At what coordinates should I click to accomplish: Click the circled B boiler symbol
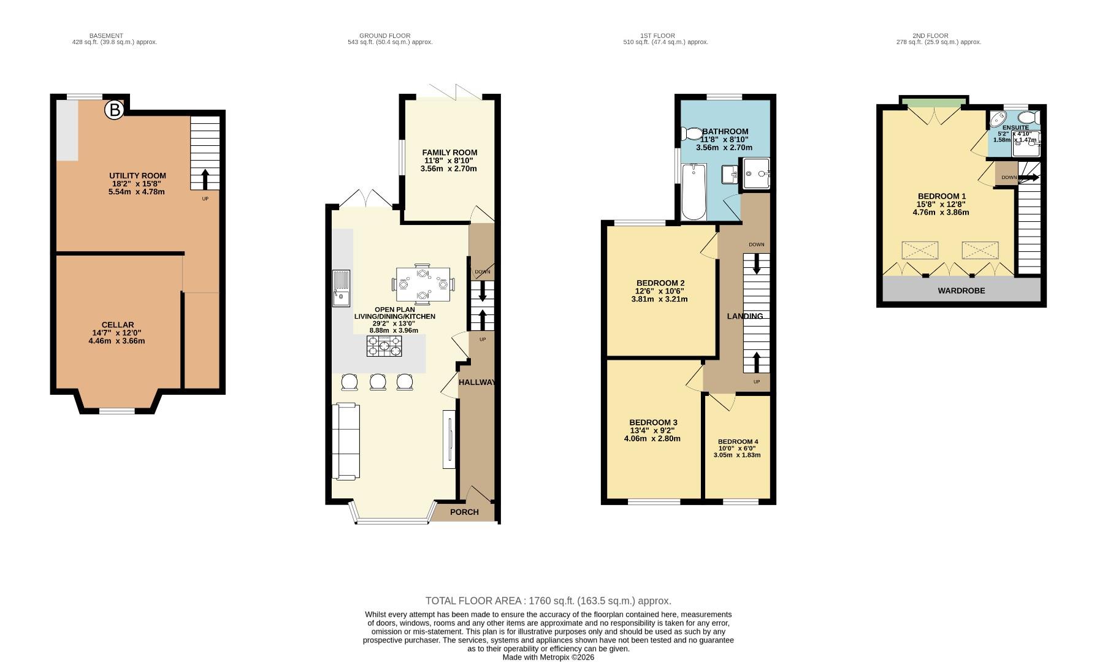click(x=114, y=110)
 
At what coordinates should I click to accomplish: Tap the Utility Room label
click(x=137, y=176)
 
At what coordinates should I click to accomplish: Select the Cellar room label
click(x=118, y=325)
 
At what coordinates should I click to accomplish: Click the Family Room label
click(x=449, y=153)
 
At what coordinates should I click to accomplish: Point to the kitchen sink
click(x=341, y=287)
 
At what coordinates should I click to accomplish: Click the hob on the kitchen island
click(x=384, y=346)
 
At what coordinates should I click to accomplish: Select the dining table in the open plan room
click(x=423, y=284)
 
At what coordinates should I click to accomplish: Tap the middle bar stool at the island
click(x=377, y=382)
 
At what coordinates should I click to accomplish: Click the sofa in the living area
click(x=345, y=441)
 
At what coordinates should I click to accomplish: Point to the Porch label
click(x=464, y=512)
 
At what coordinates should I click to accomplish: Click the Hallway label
click(x=477, y=382)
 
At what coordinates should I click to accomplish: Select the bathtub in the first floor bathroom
click(x=694, y=191)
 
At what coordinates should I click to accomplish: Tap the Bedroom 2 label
click(x=660, y=283)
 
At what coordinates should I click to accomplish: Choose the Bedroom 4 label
click(x=738, y=442)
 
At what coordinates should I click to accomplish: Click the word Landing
click(x=745, y=316)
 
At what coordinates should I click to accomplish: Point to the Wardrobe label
click(x=961, y=291)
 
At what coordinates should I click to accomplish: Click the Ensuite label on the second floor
click(x=1015, y=127)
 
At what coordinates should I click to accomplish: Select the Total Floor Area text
click(x=548, y=601)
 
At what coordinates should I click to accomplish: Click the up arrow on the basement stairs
click(x=204, y=179)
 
